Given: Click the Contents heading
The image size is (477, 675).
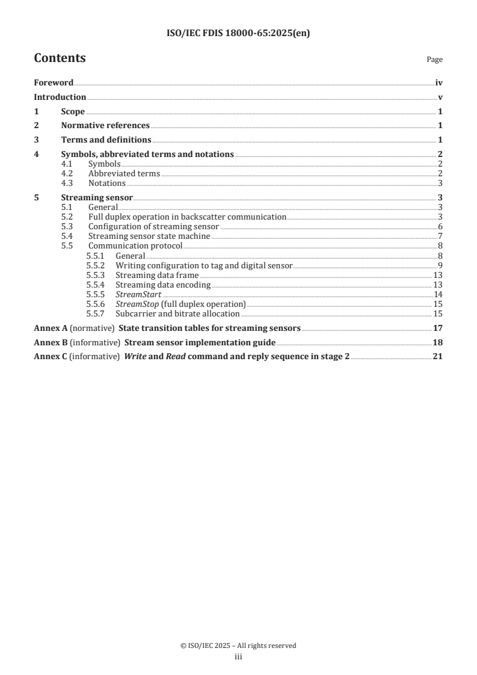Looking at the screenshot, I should tap(60, 58).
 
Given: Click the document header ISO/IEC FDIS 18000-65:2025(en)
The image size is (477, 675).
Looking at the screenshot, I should tap(238, 34).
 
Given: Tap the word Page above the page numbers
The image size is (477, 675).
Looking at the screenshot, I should tap(434, 60).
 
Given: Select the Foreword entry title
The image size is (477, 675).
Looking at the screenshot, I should tap(54, 83).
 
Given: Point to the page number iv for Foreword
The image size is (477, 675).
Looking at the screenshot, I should tap(439, 83).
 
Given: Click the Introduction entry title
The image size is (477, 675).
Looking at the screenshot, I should tap(60, 97).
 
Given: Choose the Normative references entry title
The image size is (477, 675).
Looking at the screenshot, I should tap(105, 126).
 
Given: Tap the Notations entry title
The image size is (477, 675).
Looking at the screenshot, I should tap(107, 183).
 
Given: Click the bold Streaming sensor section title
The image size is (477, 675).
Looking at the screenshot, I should tap(97, 197).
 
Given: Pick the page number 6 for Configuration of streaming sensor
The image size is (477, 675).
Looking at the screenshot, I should tap(440, 227).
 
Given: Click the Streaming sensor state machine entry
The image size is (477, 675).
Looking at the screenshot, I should tap(149, 236).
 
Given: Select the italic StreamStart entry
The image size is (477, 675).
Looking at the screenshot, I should tap(138, 295).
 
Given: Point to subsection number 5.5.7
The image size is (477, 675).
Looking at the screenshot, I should tap(96, 314).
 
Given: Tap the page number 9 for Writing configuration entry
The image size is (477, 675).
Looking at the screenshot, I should tap(440, 265).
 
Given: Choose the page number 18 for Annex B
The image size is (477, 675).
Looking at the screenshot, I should tap(438, 343).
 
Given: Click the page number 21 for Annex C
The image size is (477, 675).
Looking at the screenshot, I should tap(438, 357).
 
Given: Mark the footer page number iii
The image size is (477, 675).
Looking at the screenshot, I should tap(238, 658).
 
